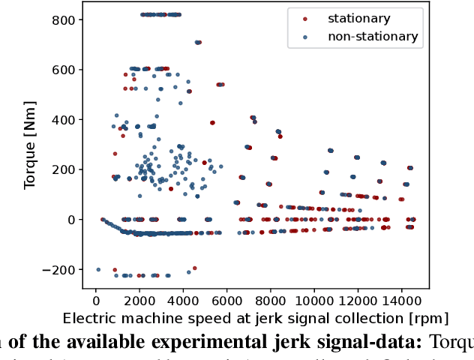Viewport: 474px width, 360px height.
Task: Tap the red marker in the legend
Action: point(304,18)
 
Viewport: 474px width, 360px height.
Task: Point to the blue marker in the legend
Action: point(304,36)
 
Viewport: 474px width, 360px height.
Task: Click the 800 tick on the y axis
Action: point(64,19)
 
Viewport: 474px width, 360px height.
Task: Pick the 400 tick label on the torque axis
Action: point(64,120)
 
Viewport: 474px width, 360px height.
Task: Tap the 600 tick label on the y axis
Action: point(64,70)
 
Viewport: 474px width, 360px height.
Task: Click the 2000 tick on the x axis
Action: point(139,299)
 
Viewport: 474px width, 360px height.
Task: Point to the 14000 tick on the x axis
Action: point(400,299)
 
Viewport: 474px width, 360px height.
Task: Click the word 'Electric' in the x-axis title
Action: point(89,317)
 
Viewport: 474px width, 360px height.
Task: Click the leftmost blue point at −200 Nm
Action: point(98,269)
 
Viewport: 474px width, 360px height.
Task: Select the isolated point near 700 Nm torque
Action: point(198,43)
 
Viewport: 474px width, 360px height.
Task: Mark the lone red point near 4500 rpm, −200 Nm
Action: point(194,268)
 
